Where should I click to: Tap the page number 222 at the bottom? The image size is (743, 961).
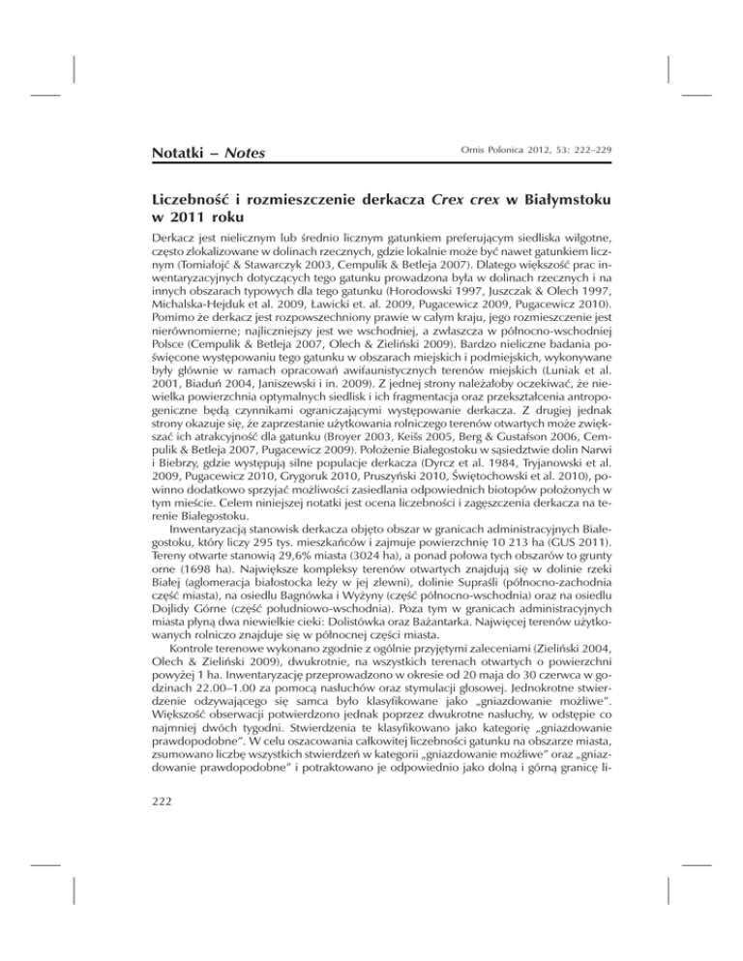(161, 809)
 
